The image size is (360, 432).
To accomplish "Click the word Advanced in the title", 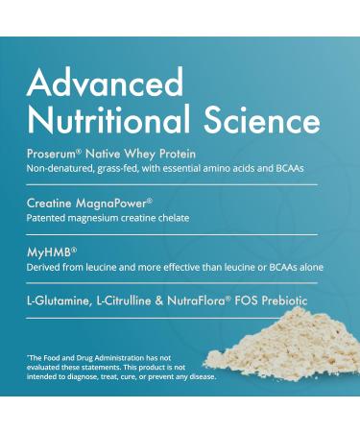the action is [106, 82].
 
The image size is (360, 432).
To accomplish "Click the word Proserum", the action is [52, 154].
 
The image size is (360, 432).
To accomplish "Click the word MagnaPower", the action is [112, 204].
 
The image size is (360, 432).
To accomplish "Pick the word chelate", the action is [174, 218].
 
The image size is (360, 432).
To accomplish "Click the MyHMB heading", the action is [50, 252].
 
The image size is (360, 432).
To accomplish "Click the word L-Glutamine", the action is [59, 301].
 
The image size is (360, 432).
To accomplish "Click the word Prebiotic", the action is [285, 301].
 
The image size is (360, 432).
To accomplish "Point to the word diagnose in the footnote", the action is [82, 377].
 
